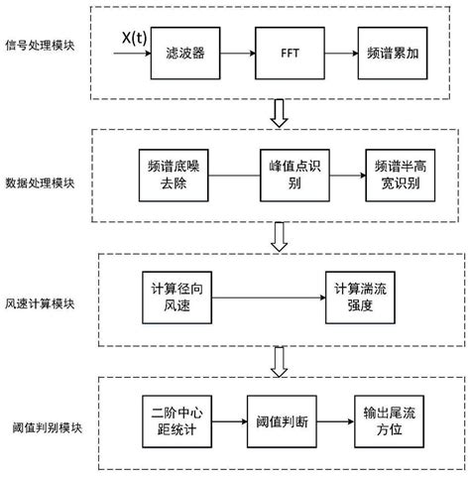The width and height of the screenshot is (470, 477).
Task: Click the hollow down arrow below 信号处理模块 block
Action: [279, 114]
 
